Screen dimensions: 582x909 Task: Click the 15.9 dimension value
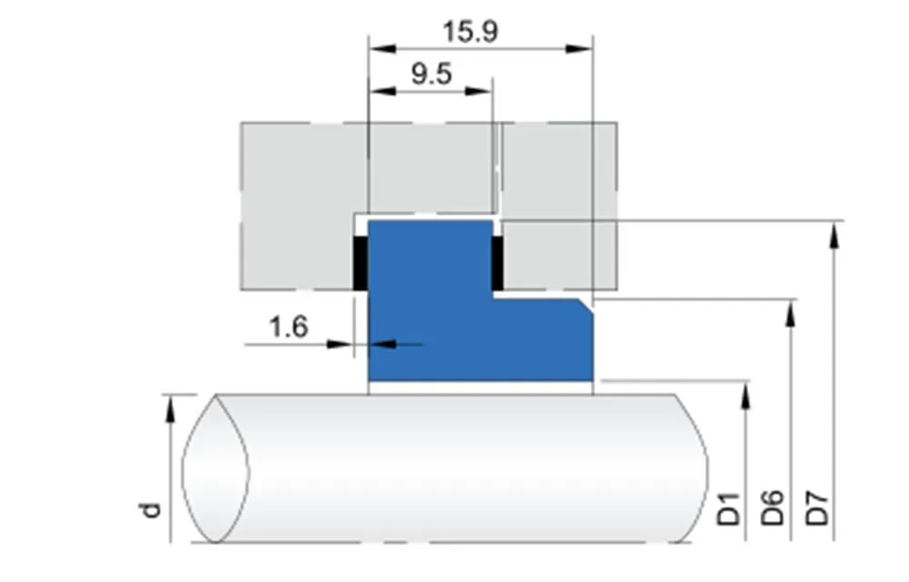(x=470, y=31)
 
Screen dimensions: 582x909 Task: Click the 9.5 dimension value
(x=431, y=74)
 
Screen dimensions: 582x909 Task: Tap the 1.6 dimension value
(x=289, y=326)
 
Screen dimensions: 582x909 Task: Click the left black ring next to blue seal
(x=360, y=264)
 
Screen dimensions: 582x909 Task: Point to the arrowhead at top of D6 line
(x=791, y=314)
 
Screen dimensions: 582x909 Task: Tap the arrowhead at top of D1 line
(x=746, y=395)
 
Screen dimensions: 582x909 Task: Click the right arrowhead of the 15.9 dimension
(x=580, y=48)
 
